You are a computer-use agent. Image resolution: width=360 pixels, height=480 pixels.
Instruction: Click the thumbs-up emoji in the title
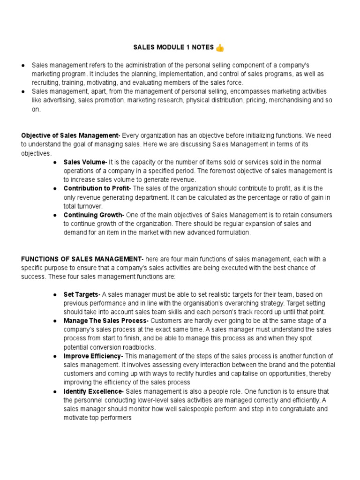pos(220,47)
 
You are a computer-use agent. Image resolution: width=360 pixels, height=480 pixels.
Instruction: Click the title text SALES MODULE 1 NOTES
pos(174,48)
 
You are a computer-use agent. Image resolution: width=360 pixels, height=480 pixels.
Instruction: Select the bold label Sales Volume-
pos(85,162)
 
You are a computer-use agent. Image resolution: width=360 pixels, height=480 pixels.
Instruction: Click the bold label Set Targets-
pos(82,294)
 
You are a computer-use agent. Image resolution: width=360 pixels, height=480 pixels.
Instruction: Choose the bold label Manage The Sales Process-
pos(106,321)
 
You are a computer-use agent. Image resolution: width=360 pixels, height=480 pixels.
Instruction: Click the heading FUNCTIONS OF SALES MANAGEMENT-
pos(82,259)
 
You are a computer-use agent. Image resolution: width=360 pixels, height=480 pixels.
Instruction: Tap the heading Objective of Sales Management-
pos(71,135)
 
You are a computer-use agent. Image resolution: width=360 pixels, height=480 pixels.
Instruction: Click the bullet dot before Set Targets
pos(55,295)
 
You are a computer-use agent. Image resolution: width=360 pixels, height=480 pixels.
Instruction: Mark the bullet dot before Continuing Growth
pos(55,215)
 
